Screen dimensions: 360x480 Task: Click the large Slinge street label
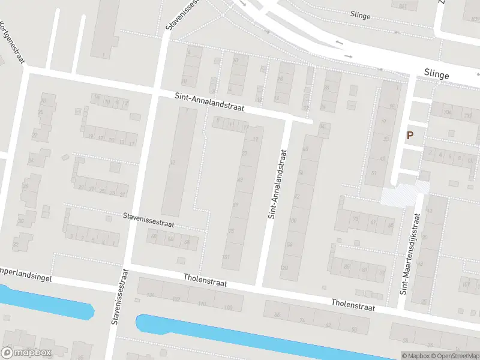click(436, 74)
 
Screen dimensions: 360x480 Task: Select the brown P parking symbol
click(410, 136)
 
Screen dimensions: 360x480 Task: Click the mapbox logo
click(26, 352)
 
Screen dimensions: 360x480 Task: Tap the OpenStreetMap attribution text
click(456, 356)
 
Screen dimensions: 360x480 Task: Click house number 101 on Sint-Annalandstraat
click(226, 257)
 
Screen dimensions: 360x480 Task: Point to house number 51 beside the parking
click(374, 173)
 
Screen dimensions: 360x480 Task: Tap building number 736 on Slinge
click(446, 113)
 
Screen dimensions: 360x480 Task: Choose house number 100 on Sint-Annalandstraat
click(292, 221)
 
